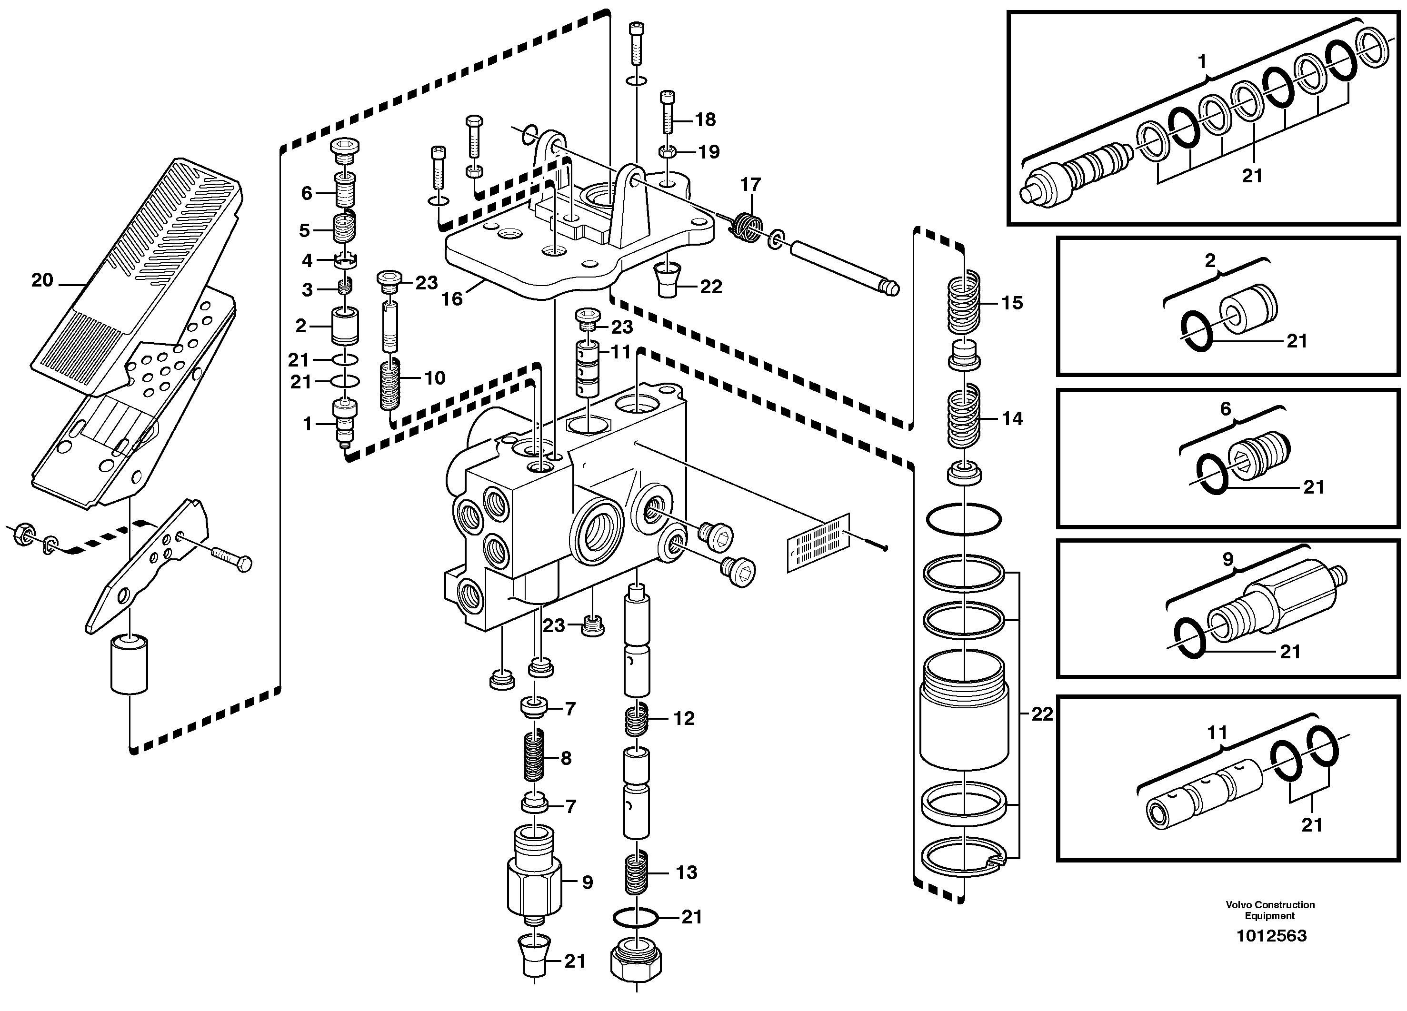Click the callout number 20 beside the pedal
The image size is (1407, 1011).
click(42, 280)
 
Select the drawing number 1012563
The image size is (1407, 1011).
click(1271, 935)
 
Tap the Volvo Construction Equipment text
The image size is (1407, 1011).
click(1270, 910)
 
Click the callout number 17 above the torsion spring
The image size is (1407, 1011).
click(750, 184)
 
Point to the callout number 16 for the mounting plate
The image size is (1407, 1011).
click(452, 299)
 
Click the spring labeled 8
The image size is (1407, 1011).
click(534, 757)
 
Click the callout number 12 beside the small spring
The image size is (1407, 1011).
click(684, 718)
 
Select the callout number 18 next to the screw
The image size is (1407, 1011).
click(705, 119)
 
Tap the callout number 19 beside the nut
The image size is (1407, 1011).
click(708, 151)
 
